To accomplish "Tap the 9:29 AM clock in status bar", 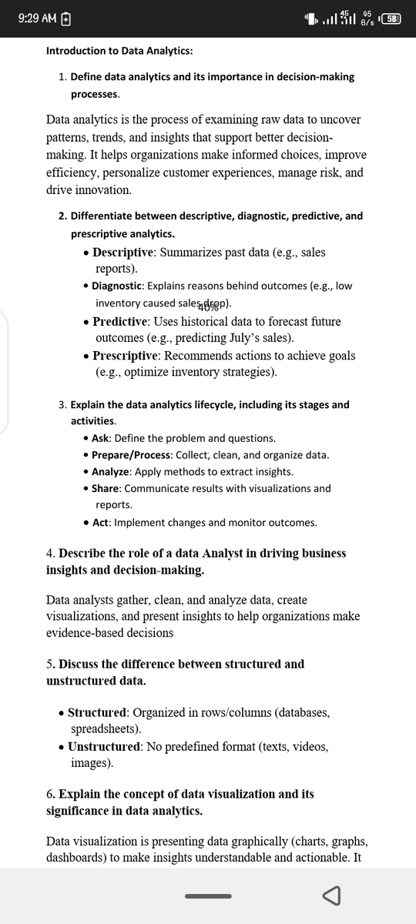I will click(x=37, y=18).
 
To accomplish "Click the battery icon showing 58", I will click(x=392, y=18).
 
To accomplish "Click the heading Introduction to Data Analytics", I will click(x=119, y=51).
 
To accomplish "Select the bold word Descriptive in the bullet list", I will click(x=125, y=253).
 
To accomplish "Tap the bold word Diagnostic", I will click(x=116, y=286).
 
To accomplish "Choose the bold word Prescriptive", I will click(x=126, y=355).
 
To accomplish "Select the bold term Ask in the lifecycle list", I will click(x=101, y=438).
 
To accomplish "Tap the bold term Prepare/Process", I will click(x=131, y=455).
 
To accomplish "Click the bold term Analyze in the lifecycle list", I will click(x=111, y=471).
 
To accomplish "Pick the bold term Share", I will click(x=106, y=488).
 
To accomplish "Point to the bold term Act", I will click(x=100, y=523).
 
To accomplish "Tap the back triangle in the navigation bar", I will click(x=331, y=896).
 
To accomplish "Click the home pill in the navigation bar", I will click(x=208, y=896).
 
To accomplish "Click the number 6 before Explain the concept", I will click(x=49, y=794).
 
